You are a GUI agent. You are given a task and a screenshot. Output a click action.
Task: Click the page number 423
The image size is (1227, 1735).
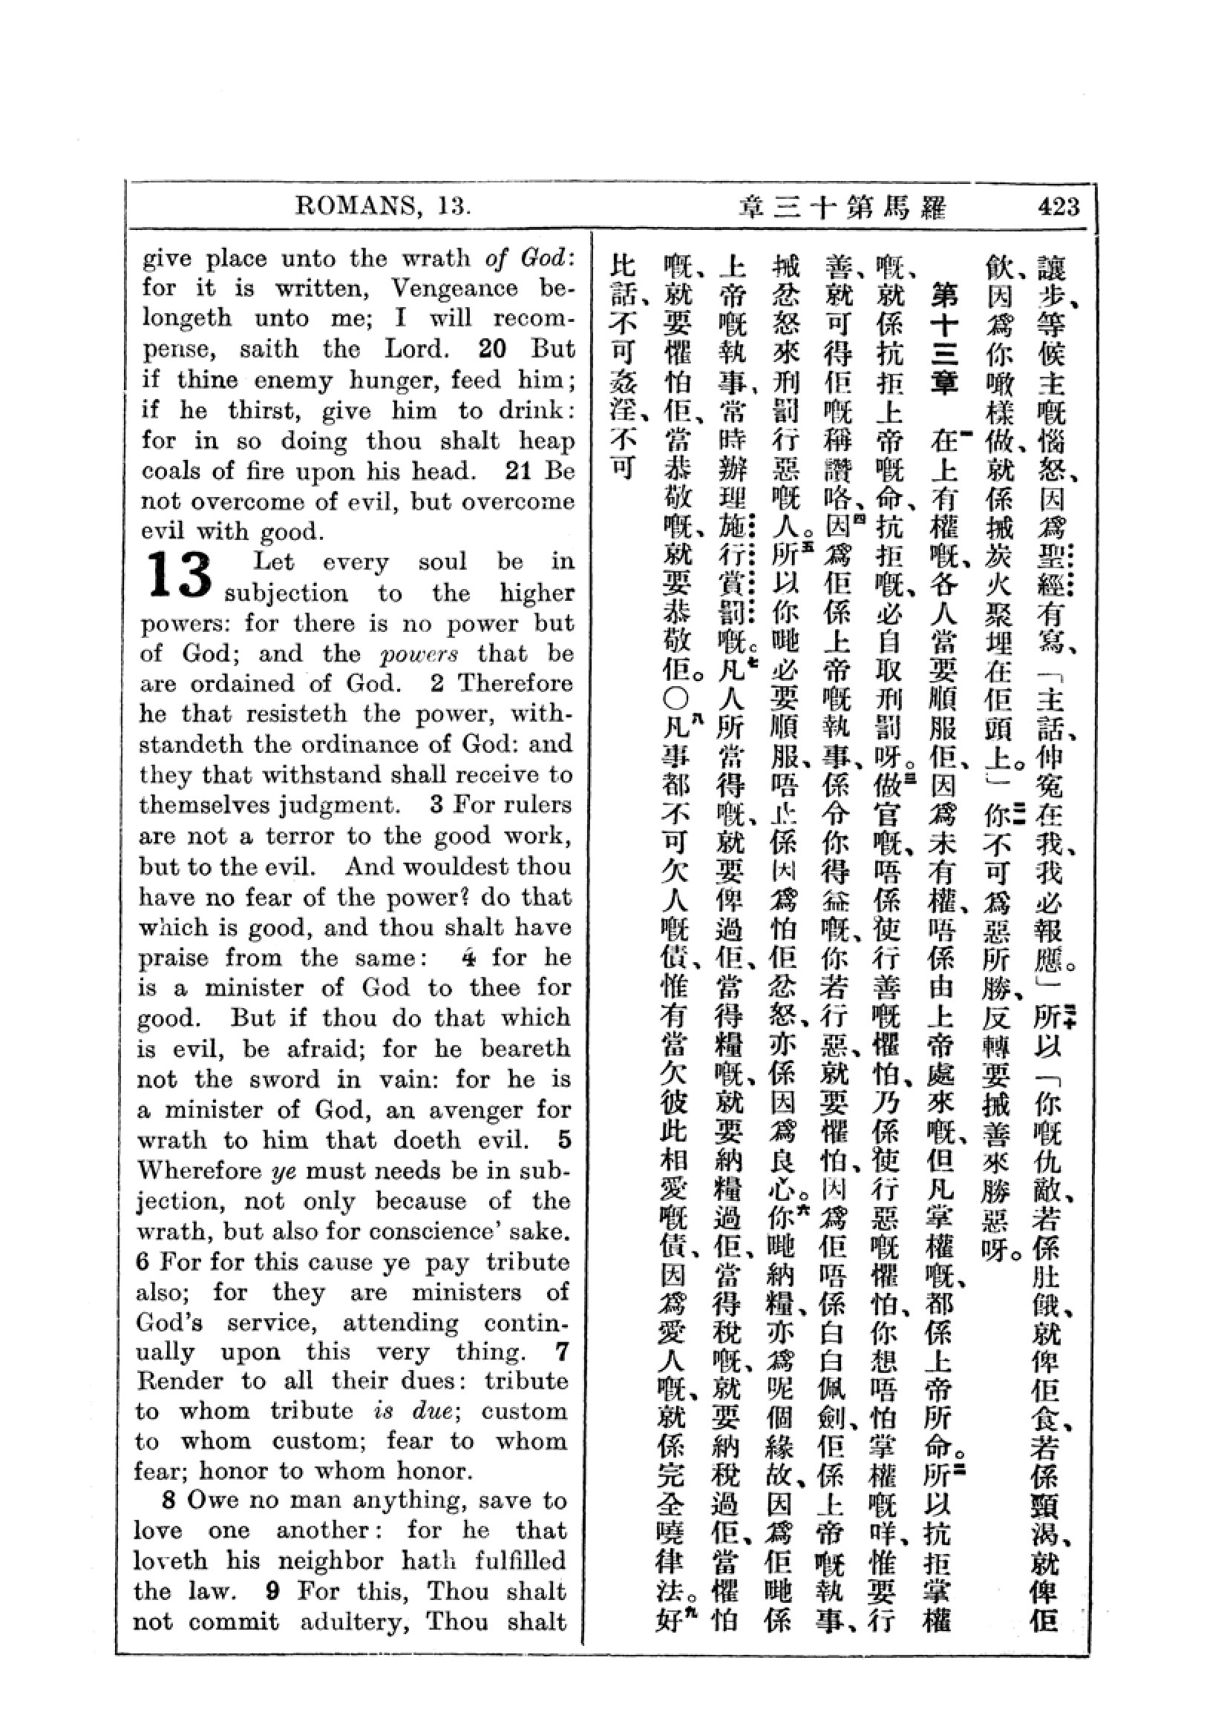click(1059, 206)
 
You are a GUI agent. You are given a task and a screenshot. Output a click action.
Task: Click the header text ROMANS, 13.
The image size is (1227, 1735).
click(383, 206)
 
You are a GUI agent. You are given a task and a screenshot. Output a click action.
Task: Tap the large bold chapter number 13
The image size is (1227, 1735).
click(179, 576)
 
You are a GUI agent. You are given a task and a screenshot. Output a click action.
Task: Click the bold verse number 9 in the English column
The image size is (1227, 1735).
click(273, 1591)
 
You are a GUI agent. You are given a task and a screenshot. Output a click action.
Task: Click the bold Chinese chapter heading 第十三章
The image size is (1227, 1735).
click(944, 337)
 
